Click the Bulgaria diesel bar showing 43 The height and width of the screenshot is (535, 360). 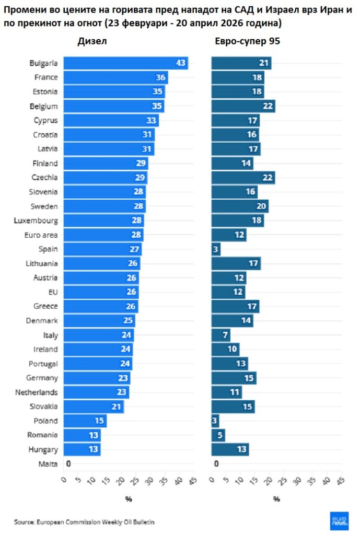[125, 63]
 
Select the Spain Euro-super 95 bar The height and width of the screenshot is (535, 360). [216, 249]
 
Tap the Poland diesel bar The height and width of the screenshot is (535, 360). [85, 421]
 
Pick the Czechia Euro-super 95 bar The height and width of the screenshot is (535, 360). [243, 178]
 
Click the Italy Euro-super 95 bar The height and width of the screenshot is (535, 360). [220, 335]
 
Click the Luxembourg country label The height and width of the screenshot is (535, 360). [36, 220]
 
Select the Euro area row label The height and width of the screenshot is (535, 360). [41, 235]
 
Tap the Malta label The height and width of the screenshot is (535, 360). [48, 463]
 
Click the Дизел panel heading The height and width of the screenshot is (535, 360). [92, 42]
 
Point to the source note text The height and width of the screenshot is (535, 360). [84, 521]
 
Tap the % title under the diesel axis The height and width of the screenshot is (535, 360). [128, 499]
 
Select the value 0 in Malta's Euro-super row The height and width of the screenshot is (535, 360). [216, 463]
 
